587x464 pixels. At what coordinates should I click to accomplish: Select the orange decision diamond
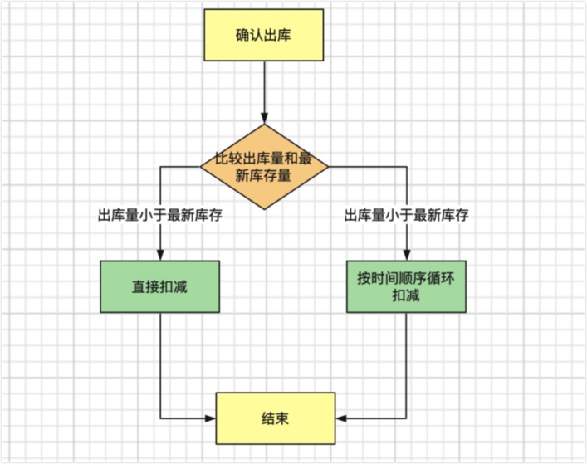[x=264, y=167]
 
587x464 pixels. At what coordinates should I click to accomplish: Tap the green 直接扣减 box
[x=160, y=286]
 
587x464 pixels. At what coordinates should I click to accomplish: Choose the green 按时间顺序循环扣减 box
[x=406, y=286]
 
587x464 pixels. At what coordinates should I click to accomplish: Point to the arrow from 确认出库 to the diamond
[x=264, y=92]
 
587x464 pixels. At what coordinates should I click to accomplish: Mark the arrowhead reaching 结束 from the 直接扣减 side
[x=211, y=418]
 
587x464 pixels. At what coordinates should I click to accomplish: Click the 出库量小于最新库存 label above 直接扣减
[x=160, y=215]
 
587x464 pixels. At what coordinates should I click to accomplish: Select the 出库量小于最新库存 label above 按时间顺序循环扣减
[x=406, y=215]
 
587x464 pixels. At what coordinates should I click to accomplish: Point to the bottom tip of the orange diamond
[x=264, y=209]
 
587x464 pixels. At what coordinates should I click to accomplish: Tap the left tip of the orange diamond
[x=201, y=167]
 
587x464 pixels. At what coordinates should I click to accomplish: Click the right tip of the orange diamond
[x=329, y=167]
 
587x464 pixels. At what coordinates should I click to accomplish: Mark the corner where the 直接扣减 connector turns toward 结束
[x=160, y=418]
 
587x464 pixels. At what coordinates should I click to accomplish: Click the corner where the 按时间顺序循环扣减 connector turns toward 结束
[x=406, y=418]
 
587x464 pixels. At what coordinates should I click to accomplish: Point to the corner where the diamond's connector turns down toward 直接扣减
[x=160, y=167]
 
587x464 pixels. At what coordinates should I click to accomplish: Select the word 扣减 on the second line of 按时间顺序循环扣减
[x=406, y=295]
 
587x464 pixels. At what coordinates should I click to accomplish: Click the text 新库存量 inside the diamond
[x=264, y=176]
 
